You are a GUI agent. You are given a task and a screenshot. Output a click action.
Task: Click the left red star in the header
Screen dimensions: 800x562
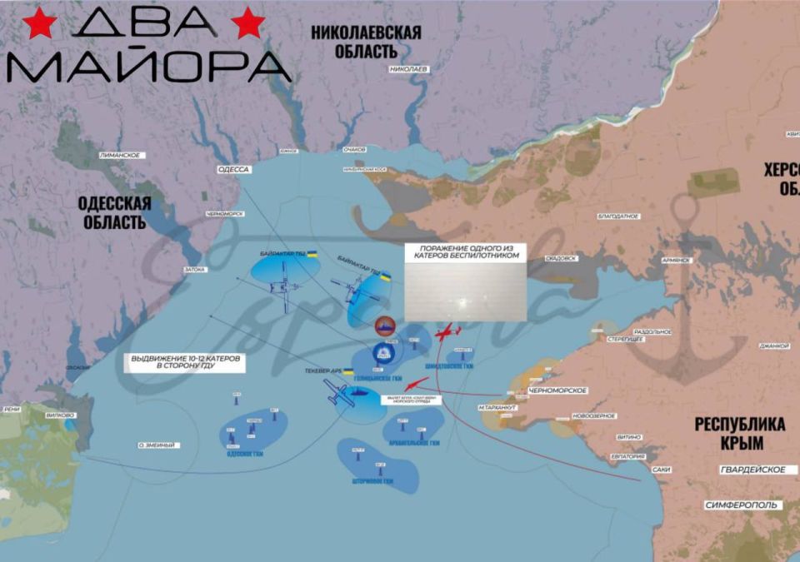(40, 24)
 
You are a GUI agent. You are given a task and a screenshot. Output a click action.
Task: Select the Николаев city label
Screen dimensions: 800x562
(409, 68)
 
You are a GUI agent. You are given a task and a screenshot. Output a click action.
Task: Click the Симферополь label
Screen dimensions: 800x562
(742, 505)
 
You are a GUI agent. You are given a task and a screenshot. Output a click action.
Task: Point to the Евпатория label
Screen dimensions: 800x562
(627, 456)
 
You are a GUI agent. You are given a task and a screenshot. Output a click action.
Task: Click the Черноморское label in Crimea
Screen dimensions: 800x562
(558, 390)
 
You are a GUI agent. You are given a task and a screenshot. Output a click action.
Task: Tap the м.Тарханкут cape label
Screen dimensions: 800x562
(498, 407)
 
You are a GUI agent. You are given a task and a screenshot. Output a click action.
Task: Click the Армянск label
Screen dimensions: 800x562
(676, 260)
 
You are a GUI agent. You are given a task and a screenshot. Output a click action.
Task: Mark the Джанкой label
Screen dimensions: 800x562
(773, 346)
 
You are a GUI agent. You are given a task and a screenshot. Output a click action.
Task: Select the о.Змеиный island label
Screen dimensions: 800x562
(158, 445)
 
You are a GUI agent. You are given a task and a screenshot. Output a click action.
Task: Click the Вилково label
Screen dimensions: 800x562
(62, 414)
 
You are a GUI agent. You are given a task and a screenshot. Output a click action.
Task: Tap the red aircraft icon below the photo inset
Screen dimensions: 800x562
(447, 332)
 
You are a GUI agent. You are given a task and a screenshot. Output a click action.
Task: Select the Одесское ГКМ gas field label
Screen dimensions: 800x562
(245, 454)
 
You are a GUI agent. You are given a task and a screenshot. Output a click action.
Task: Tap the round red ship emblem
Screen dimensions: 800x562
(384, 326)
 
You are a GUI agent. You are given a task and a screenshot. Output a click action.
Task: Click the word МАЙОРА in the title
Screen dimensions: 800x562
(150, 66)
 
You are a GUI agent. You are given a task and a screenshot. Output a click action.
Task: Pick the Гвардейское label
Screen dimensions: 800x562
(752, 470)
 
